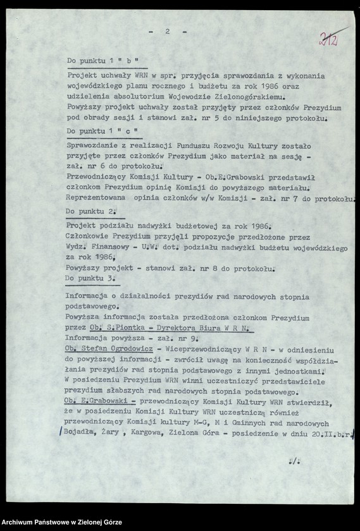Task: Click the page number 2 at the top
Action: point(167,31)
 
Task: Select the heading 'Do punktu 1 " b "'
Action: point(103,62)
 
